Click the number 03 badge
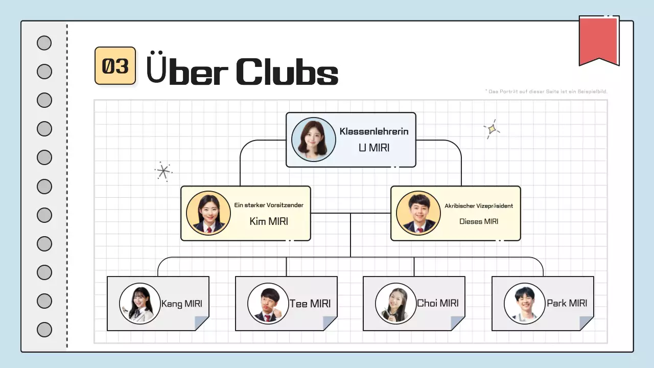[115, 66]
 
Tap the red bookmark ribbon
[598, 40]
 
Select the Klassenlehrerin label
[374, 131]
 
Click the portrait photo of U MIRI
[313, 140]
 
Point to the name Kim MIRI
[269, 221]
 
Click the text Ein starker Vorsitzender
[269, 205]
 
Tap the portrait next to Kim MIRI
[208, 213]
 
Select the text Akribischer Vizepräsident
[479, 205]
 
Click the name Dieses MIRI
[479, 221]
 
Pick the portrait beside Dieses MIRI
[418, 213]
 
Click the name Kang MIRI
[181, 304]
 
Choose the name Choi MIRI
[437, 303]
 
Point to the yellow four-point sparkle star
[492, 129]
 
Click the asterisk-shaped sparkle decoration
[163, 172]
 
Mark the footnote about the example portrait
[546, 91]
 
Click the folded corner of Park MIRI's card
[586, 323]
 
